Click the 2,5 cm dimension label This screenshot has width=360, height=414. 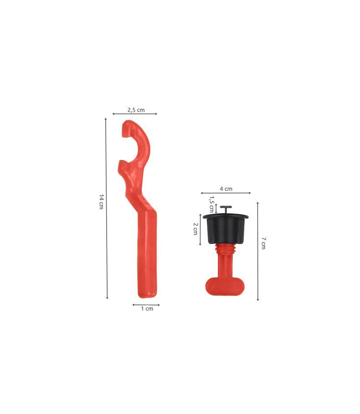pos(136,110)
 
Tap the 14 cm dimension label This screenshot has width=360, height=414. pos(101,202)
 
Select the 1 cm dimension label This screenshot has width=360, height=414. pos(147,308)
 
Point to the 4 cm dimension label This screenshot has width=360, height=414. pos(226,189)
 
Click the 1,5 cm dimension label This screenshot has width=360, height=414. pos(211,204)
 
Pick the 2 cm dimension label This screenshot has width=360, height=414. pos(195,229)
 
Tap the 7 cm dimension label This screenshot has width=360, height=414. pos(263,243)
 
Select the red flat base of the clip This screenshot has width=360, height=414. pos(225,286)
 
